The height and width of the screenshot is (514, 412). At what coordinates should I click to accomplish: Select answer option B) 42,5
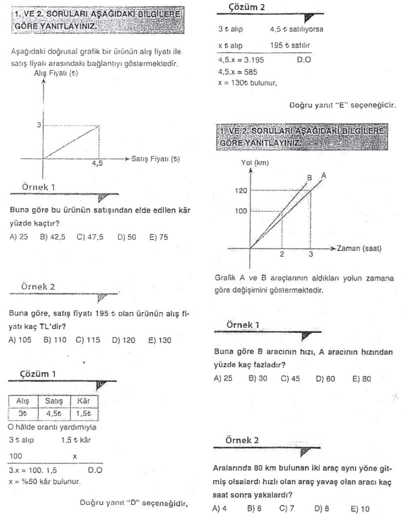click(52, 237)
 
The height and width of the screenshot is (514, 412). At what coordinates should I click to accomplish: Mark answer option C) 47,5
click(90, 237)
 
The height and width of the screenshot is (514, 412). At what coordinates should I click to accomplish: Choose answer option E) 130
click(160, 341)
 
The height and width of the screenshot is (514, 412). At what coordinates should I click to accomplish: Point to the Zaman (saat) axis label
click(361, 248)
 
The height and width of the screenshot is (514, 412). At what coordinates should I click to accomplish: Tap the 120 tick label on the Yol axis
click(241, 191)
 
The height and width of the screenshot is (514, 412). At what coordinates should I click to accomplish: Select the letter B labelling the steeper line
click(310, 177)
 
